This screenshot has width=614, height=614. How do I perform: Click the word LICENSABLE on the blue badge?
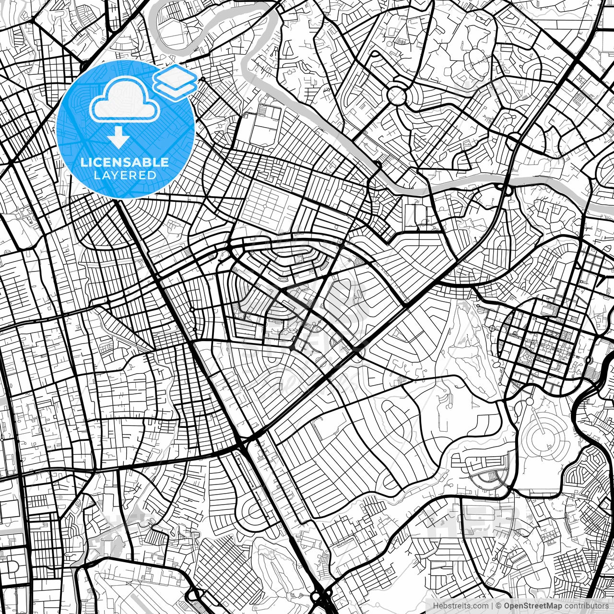coord(125,163)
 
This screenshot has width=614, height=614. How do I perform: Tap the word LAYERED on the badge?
coord(125,176)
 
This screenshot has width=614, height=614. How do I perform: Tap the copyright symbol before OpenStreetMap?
coord(499,606)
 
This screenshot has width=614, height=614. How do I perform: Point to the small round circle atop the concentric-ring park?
coord(530,401)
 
